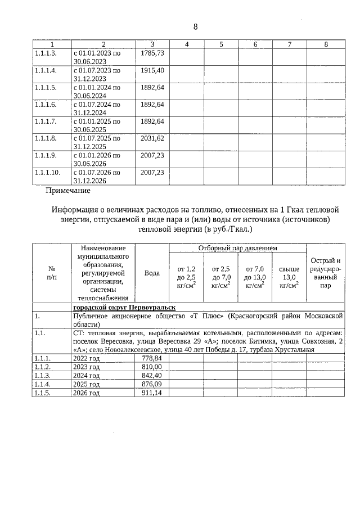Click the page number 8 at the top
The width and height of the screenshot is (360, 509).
click(196, 27)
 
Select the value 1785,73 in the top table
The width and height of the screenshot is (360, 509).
click(152, 53)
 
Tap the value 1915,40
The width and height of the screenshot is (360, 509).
click(152, 70)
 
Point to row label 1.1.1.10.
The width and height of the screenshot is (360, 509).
click(47, 172)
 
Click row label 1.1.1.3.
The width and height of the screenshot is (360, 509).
click(45, 53)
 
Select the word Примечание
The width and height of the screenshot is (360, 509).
click(68, 191)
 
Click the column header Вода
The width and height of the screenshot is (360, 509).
click(152, 273)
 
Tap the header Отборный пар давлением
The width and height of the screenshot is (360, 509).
click(238, 248)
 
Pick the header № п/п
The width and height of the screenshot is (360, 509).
click(51, 273)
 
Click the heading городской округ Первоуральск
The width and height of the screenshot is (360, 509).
click(124, 307)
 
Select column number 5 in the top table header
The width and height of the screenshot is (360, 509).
click(221, 44)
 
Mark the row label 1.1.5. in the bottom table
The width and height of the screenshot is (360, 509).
click(43, 393)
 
